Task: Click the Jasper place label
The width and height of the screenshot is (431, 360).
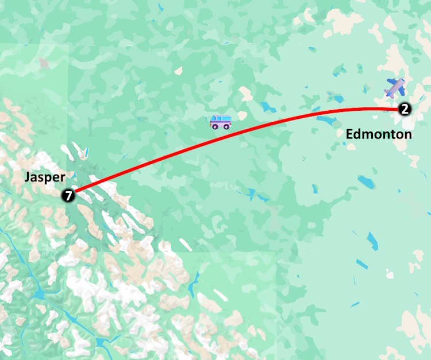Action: point(45,177)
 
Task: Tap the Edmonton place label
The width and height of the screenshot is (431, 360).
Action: point(379,134)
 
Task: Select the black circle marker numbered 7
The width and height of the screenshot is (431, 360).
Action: point(68,196)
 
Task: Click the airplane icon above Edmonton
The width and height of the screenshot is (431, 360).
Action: point(395,87)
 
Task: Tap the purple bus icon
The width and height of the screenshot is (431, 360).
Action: point(221,122)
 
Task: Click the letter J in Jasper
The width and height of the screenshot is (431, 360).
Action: point(28,177)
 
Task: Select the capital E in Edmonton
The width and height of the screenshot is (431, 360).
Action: point(349,134)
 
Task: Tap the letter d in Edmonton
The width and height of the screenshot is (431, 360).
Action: point(358,134)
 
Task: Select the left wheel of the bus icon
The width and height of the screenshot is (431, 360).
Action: point(215,126)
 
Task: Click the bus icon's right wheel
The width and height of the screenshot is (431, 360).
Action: point(227,126)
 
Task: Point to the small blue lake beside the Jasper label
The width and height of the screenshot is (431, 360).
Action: point(86,153)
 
